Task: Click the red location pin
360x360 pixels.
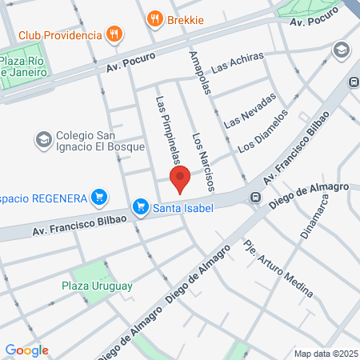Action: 180,179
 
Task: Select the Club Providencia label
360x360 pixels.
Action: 60,35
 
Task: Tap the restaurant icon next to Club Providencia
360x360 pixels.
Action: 115,34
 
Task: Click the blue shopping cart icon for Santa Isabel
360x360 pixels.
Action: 142,207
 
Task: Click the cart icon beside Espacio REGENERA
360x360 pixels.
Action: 99,196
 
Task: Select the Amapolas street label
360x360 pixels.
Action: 198,73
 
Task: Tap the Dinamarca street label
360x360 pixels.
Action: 314,217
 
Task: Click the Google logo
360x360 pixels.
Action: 26,350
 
